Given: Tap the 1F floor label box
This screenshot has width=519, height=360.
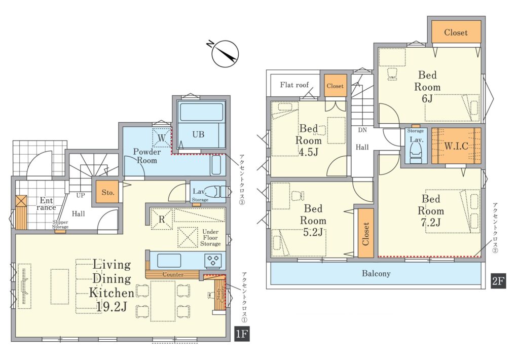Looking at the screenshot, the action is pos(242,334).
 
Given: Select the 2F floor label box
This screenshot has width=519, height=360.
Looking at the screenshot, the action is pos(498,281).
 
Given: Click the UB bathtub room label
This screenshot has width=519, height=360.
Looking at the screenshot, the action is pos(198,134).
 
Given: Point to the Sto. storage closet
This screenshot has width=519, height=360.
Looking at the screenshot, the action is pos(107,192).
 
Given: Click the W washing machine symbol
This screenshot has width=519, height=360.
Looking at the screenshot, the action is pos(162,137).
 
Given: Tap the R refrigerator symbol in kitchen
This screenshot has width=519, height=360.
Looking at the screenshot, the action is pos(162,219).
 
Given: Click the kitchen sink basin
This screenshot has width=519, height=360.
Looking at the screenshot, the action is pos(169,260).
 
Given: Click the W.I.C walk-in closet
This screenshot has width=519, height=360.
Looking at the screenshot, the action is pos(456,146).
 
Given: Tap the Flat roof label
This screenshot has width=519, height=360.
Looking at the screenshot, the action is pos(294,85).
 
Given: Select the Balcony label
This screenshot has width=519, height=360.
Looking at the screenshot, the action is pos(376,274).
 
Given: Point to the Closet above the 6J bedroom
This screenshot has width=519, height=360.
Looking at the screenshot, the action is pos(456,32).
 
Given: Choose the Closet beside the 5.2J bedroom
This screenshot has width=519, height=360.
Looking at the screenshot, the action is pos(366,233).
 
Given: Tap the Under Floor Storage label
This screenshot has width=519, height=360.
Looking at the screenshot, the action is pos(210,237).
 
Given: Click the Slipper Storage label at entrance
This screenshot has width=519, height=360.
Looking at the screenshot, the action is pos(60,225).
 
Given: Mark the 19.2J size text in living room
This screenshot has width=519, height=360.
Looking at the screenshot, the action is pos(112,307).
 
